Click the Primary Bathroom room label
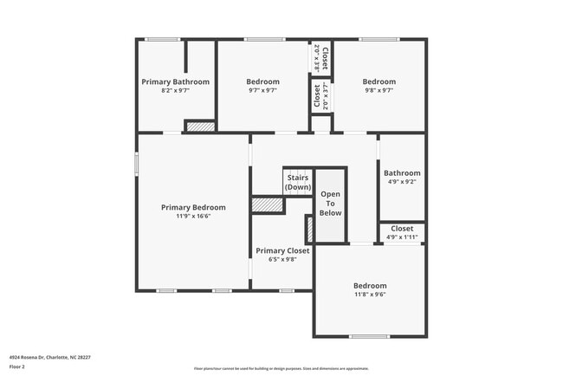pyautogui.click(x=175, y=81)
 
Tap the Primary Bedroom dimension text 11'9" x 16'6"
pyautogui.click(x=193, y=216)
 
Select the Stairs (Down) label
pyautogui.click(x=297, y=182)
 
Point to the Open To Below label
pyautogui.click(x=330, y=204)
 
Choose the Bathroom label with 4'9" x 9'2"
pyautogui.click(x=402, y=172)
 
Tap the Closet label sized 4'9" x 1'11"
pyautogui.click(x=402, y=229)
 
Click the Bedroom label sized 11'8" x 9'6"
pyautogui.click(x=370, y=286)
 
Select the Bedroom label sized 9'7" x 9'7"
pyautogui.click(x=262, y=81)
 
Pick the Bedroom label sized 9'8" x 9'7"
pyautogui.click(x=379, y=81)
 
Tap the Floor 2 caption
pyautogui.click(x=18, y=366)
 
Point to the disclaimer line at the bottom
pyautogui.click(x=281, y=368)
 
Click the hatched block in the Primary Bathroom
pyautogui.click(x=199, y=126)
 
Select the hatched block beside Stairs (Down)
pyautogui.click(x=268, y=204)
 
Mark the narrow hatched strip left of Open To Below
pyautogui.click(x=308, y=229)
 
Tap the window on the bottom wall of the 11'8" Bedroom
pyautogui.click(x=369, y=336)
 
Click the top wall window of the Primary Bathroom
pyautogui.click(x=162, y=39)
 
